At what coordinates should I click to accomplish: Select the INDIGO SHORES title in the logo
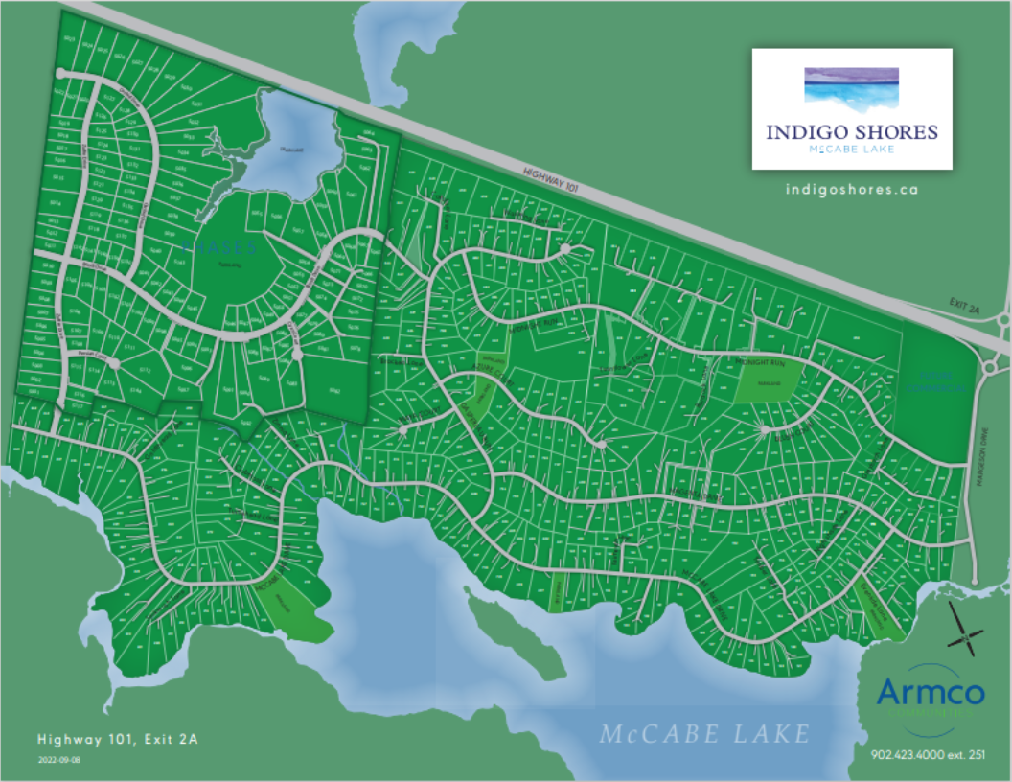(x=851, y=132)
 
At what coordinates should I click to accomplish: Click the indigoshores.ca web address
(x=851, y=189)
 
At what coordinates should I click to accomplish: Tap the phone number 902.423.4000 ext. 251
(x=928, y=755)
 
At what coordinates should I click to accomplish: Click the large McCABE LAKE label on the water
(x=704, y=734)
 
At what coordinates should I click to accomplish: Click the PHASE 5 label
(x=220, y=246)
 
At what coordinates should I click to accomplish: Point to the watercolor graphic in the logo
(x=851, y=84)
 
